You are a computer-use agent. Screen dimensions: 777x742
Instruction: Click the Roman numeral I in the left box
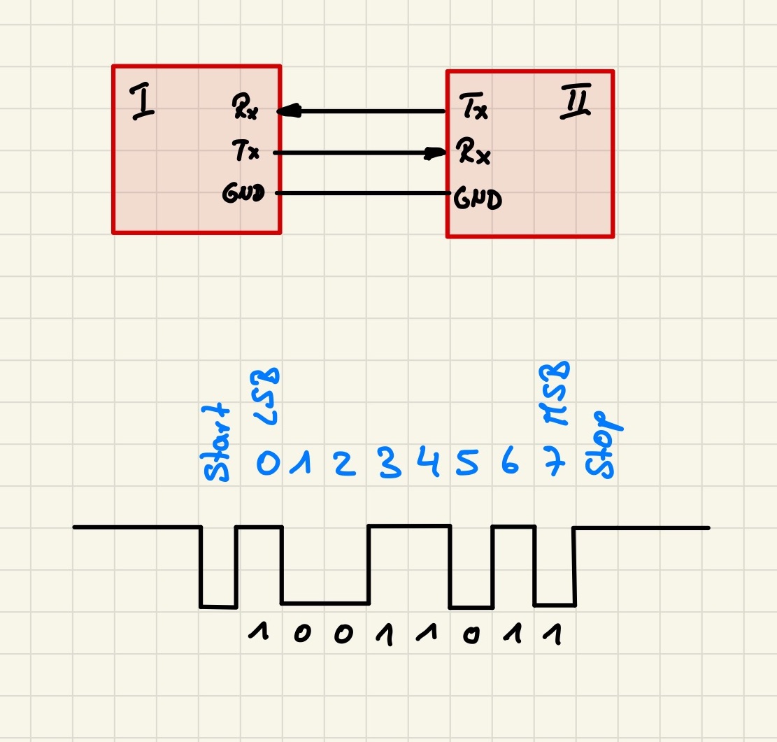click(142, 102)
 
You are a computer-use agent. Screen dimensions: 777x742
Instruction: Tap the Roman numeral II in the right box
click(576, 101)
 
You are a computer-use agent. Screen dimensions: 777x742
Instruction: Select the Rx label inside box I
click(245, 106)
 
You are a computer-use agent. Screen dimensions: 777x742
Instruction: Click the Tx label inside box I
click(245, 150)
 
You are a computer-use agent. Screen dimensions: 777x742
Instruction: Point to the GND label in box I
click(243, 193)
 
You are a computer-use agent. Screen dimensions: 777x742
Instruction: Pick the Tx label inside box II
click(473, 106)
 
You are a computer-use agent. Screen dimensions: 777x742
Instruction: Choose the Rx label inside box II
click(473, 151)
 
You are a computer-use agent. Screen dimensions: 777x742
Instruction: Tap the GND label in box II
click(478, 199)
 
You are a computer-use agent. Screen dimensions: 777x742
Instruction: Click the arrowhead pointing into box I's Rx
click(289, 110)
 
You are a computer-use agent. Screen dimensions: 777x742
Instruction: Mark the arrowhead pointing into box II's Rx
click(435, 152)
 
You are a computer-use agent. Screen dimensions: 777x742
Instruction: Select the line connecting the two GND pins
click(363, 193)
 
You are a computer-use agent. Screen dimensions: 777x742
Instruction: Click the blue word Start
click(216, 443)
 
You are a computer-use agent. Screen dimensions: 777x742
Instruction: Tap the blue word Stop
click(603, 445)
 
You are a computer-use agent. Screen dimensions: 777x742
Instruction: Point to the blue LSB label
click(266, 397)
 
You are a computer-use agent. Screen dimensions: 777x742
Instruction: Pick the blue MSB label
click(555, 393)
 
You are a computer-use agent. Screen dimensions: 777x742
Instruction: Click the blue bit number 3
click(390, 462)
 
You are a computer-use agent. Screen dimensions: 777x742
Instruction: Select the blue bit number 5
click(466, 462)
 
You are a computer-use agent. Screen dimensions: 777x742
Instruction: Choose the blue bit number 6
click(510, 460)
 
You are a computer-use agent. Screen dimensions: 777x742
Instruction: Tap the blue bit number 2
click(345, 464)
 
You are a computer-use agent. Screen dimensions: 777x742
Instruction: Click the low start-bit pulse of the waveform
click(218, 606)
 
